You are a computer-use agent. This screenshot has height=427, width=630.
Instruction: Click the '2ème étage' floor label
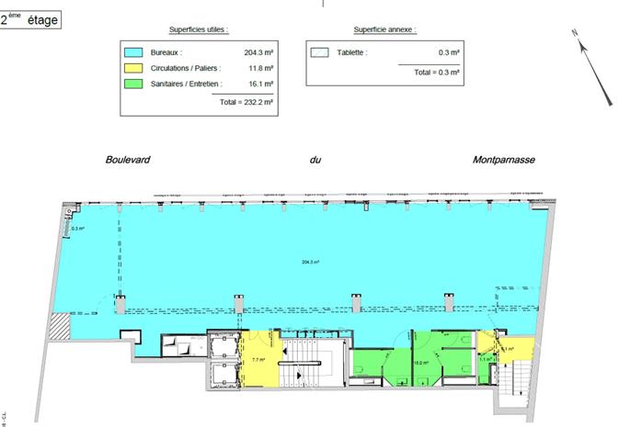coord(31,19)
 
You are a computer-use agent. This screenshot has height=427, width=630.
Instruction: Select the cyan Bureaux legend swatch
coord(135,53)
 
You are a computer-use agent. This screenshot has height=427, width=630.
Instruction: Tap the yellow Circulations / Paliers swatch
coord(135,69)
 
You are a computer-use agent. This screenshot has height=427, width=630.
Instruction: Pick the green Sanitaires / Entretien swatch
coord(135,84)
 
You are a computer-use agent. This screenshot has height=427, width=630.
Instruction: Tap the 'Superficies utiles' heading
coord(199,30)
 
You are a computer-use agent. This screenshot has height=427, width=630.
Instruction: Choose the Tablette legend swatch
coord(320,53)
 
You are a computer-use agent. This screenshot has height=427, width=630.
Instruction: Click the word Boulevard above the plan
coord(128,160)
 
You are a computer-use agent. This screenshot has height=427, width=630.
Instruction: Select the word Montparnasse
coord(503,160)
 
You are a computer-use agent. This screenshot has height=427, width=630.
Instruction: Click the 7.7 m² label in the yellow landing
coord(258,360)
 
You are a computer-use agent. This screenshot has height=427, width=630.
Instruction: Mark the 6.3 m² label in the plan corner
coord(78,230)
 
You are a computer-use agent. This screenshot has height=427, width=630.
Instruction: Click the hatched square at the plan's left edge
coord(61,325)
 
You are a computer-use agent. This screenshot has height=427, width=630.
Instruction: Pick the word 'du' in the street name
coord(315,160)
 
